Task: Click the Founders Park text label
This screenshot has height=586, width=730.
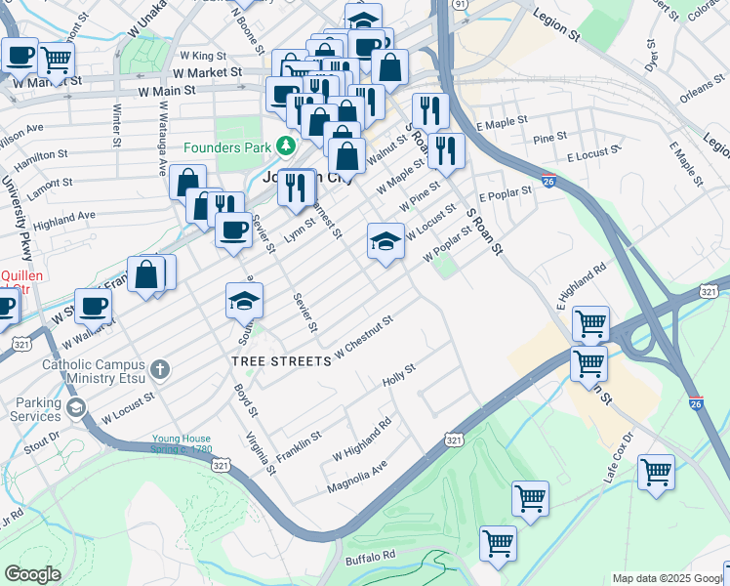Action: coord(228,147)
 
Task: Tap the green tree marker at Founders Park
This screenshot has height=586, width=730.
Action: coord(285,146)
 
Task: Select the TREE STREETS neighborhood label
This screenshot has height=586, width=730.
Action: coord(281,361)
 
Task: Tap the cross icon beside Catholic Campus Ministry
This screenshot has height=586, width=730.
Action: coord(160,369)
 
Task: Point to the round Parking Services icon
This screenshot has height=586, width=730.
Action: coord(75,407)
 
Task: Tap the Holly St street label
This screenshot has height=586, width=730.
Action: coord(399,373)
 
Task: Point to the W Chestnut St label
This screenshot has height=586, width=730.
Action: coord(363,336)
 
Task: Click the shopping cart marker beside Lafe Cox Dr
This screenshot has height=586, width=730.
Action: coord(656,473)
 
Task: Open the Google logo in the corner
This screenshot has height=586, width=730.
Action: coord(32,574)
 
